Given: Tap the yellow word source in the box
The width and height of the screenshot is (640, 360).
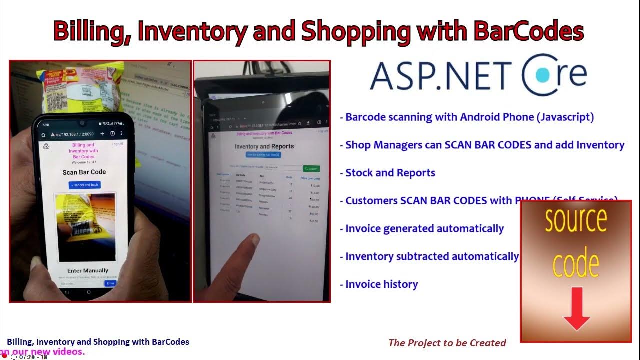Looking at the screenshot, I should tap(576, 220).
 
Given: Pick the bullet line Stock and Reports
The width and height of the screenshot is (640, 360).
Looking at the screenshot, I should tap(390, 173).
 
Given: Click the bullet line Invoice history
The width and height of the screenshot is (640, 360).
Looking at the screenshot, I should tap(381, 284).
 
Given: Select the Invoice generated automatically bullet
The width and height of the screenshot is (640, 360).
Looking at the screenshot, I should tap(424, 229).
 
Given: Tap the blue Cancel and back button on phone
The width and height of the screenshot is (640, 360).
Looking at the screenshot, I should tap(84, 185).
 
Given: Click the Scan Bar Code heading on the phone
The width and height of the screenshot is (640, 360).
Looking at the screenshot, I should tap(84, 172).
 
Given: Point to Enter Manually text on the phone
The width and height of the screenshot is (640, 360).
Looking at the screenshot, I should tap(88, 271).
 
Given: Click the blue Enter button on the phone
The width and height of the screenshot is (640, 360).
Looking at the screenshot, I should tap(110, 283).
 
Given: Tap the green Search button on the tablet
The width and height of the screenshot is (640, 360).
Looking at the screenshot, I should tap(311, 169).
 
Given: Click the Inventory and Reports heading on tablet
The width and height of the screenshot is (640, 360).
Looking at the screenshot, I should tap(264, 146).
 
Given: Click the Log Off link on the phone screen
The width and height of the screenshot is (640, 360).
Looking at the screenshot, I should tap(117, 144).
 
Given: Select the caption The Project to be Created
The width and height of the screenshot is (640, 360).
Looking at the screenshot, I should tap(447, 343).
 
